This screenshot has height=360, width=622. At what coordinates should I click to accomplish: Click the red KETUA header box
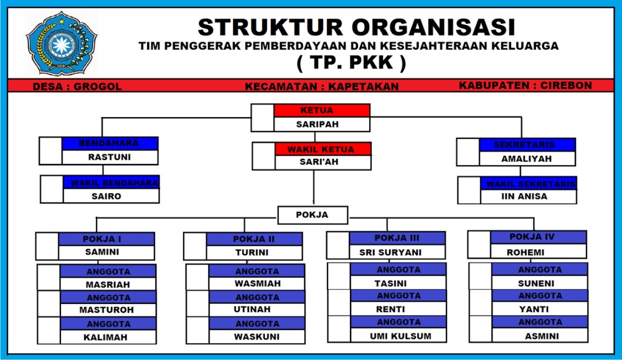coord(321,110)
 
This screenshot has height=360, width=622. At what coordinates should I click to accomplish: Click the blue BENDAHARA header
coord(110,143)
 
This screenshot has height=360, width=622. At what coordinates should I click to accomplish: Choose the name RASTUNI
coord(110,158)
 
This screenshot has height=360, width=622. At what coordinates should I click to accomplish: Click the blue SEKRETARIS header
coord(527,144)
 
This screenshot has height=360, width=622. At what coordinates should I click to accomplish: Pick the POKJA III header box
coord(397,238)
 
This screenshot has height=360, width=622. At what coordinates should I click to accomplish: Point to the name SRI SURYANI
coord(390,252)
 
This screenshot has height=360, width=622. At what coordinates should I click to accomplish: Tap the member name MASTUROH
coord(106,310)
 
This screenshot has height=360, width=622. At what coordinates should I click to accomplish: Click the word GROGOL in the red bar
coord(98,87)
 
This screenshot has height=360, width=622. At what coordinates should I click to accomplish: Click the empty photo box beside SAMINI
coord(47,246)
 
